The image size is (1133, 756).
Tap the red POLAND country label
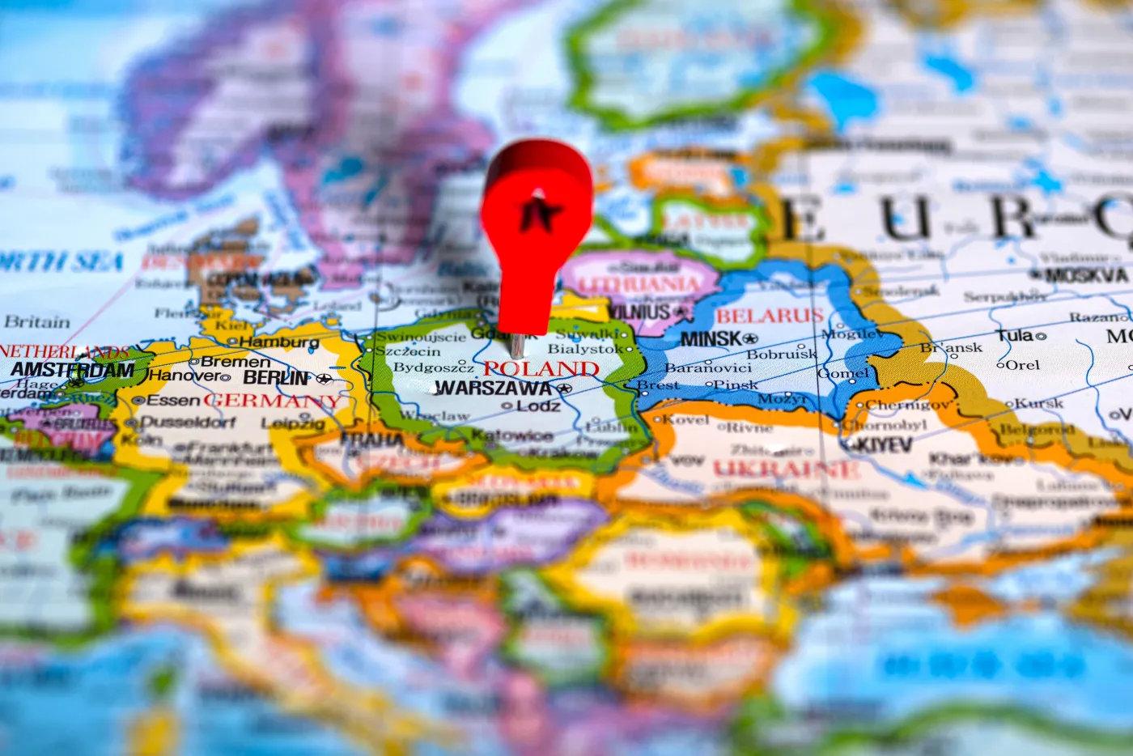click(541, 369)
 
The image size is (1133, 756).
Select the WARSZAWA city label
click(493, 389)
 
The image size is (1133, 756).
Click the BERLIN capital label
click(277, 378)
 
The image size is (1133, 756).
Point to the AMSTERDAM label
click(73, 370)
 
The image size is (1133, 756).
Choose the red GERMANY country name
click(273, 401)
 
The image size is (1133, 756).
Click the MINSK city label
click(711, 339)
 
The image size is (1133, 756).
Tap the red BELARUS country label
click(769, 316)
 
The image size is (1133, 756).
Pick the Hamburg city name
click(279, 342)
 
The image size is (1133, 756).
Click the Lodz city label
click(538, 406)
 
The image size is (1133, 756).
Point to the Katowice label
click(512, 436)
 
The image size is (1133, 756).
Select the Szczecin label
click(407, 351)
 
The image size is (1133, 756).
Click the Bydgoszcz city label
click(433, 367)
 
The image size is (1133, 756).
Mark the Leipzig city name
click(293, 424)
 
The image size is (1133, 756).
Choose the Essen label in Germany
click(173, 400)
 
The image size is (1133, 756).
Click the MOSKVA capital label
click(1086, 276)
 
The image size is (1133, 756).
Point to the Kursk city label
click(1039, 403)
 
